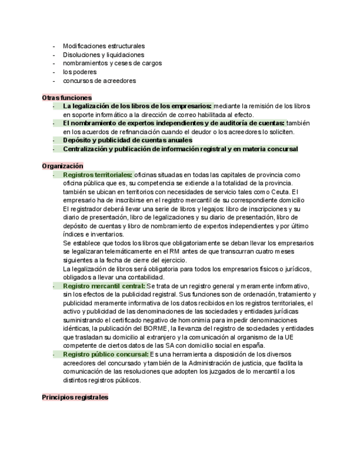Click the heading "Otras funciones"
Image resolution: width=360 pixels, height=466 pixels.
(67, 97)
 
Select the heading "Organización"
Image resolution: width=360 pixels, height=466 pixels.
(62, 166)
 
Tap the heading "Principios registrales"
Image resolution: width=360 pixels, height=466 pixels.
(75, 397)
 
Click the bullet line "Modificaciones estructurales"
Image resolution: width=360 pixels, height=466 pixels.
(104, 46)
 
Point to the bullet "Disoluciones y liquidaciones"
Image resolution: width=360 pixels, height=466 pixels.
(103, 55)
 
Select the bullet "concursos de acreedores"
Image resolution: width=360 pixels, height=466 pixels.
(99, 81)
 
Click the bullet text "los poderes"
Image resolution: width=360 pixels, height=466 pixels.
(80, 72)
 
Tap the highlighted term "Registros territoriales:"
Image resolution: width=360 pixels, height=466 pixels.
(97, 175)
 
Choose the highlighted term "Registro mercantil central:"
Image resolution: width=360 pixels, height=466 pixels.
(104, 286)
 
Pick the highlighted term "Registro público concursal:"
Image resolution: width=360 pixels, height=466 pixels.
(106, 355)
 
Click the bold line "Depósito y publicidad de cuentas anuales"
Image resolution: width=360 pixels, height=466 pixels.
(128, 140)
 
